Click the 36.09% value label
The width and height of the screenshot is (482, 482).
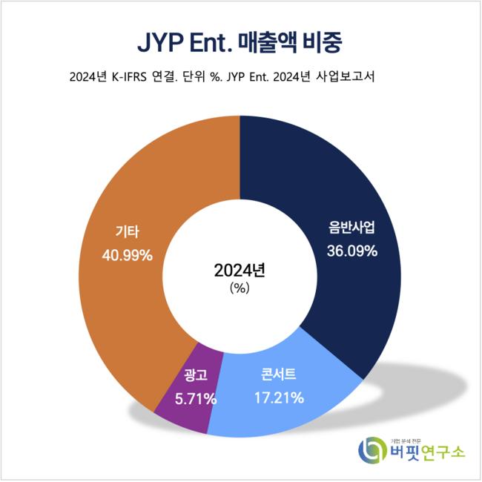[352, 251]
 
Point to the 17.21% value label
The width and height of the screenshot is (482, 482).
[279, 398]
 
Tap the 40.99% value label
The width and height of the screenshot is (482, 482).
[127, 255]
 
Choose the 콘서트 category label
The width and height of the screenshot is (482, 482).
[278, 374]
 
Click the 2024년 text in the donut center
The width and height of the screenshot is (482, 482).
[239, 271]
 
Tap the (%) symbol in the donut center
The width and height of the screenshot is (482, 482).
[239, 288]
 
